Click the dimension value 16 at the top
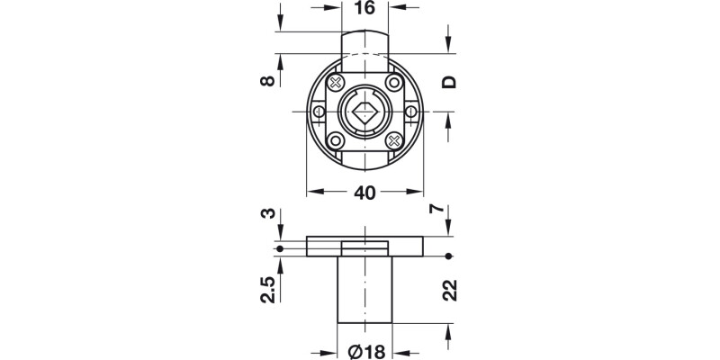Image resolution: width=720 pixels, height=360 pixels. click(x=364, y=8)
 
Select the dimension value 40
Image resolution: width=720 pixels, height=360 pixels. click(x=364, y=193)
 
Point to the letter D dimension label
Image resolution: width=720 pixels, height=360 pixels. click(x=449, y=82)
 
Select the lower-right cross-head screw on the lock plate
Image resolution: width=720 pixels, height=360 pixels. click(x=393, y=140)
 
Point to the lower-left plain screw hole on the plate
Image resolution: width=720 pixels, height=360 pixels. click(x=336, y=140)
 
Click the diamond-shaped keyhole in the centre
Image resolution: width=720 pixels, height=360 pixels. click(x=364, y=113)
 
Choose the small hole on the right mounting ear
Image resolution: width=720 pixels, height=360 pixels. click(x=410, y=112)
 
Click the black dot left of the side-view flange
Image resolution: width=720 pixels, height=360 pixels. click(x=281, y=248)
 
